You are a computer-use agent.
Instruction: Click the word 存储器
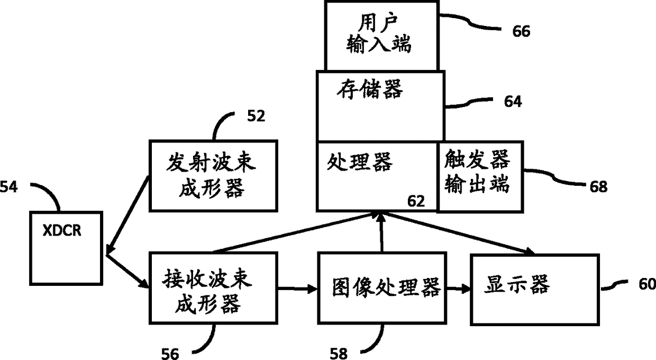(x=369, y=89)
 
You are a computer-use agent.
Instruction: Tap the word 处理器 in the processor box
(x=360, y=161)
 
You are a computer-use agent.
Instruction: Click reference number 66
(x=521, y=31)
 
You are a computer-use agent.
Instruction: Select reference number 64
(x=513, y=101)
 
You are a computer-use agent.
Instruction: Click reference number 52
(x=256, y=117)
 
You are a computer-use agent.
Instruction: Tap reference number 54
(x=8, y=186)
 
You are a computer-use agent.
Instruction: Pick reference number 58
(x=339, y=352)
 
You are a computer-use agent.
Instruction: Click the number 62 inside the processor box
(x=415, y=201)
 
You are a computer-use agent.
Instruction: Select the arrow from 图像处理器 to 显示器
(x=458, y=289)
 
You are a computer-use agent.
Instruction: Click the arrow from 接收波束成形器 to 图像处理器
(x=297, y=289)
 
